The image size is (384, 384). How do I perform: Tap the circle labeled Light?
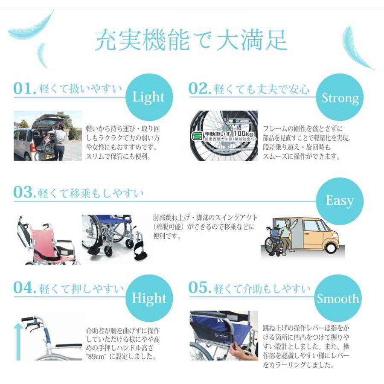(148, 97)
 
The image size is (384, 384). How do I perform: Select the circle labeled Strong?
(340, 98)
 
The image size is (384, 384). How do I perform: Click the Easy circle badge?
(339, 201)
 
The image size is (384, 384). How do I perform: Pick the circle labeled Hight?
(148, 298)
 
